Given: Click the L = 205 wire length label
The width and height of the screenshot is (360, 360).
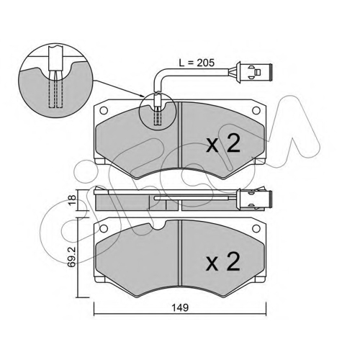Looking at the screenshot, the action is tap(197, 63).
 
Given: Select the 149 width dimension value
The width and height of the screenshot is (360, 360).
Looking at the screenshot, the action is tap(180, 307).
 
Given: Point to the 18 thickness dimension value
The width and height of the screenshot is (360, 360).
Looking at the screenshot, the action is tap(72, 200).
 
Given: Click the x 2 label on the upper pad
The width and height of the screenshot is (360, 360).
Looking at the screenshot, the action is tap(223, 143).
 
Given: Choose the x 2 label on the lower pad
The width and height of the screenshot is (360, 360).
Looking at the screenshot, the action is tap(223, 261).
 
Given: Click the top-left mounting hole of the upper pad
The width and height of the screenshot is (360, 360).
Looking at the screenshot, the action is tap(104, 111).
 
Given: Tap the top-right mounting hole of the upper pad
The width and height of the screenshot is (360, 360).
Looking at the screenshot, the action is tap(256, 111).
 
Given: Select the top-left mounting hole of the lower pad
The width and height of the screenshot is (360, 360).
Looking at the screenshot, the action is tap(104, 229).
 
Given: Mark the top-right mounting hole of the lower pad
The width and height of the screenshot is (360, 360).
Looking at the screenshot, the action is tap(256, 229).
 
